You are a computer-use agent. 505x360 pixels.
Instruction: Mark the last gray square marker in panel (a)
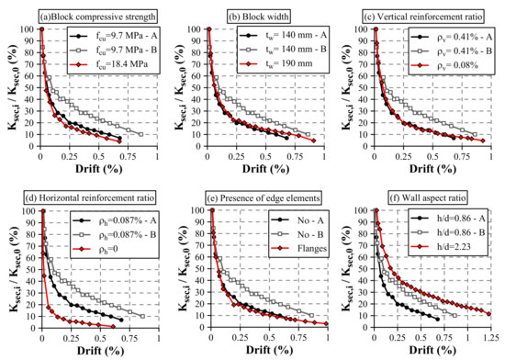(140, 134)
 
